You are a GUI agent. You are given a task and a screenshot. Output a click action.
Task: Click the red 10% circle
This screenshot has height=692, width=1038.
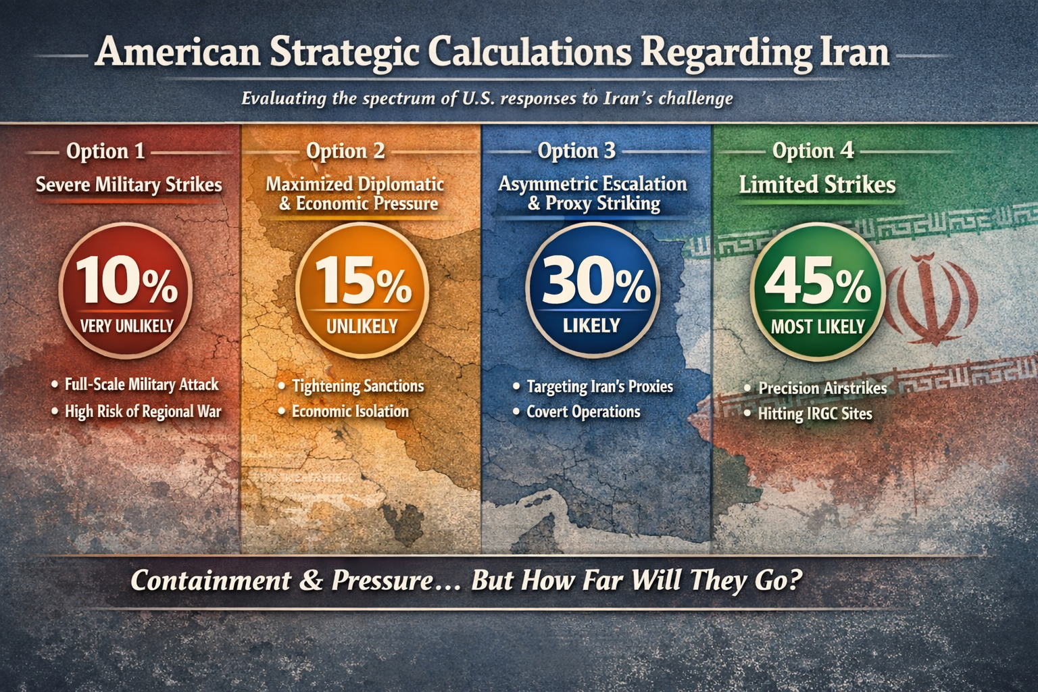(126, 290)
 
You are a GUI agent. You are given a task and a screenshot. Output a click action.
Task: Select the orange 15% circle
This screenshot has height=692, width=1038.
(362, 290)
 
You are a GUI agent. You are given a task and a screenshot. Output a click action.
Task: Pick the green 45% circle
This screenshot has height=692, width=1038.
(818, 291)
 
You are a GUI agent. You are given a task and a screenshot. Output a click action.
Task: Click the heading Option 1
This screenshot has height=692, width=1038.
(105, 151)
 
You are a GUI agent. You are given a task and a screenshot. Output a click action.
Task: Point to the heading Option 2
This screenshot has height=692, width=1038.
(345, 151)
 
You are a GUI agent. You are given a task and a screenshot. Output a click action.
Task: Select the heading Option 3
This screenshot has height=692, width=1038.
(576, 151)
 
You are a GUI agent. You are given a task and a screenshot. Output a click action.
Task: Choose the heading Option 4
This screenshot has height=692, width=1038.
(813, 151)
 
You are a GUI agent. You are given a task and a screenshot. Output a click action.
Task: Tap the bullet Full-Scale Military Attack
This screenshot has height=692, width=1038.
(141, 385)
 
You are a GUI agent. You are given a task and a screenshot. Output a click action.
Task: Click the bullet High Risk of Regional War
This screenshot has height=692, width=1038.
(143, 411)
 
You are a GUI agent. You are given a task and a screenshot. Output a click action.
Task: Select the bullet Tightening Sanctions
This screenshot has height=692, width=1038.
(357, 386)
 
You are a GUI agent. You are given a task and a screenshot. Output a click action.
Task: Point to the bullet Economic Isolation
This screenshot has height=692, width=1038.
(350, 411)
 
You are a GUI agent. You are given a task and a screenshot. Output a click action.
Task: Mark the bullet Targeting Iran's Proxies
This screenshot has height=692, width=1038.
(599, 387)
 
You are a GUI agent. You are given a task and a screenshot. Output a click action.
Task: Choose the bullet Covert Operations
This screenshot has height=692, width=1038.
(583, 412)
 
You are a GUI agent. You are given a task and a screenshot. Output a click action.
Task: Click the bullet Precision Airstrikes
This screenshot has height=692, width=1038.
(822, 389)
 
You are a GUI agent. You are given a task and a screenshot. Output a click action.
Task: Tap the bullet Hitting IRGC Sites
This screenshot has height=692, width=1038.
(814, 414)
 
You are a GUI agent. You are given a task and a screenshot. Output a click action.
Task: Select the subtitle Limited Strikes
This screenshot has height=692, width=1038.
(817, 184)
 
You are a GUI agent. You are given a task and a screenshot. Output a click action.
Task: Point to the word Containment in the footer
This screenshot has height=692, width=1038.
(212, 580)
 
